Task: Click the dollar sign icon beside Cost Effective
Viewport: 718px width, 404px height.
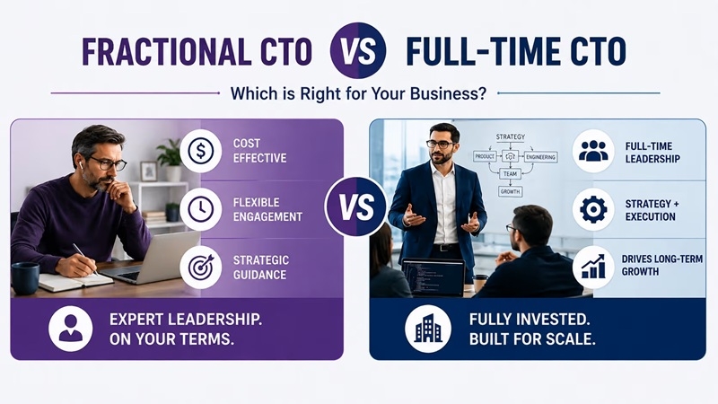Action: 200,151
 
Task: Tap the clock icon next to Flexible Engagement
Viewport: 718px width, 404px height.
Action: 200,209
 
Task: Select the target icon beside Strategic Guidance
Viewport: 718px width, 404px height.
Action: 200,268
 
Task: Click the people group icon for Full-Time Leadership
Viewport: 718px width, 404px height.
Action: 593,151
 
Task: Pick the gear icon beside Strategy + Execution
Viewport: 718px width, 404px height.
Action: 593,209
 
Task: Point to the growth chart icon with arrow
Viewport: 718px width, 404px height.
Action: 593,268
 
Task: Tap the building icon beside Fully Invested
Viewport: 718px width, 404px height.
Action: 428,329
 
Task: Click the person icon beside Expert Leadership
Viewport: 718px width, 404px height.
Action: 71,329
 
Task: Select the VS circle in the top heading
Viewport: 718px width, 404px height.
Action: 358,50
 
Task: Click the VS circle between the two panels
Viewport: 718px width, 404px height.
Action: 356,207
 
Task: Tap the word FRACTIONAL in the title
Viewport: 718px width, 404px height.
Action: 167,50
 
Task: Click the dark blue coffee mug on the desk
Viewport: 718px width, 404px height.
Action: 25,278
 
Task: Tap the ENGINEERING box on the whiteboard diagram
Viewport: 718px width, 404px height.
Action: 541,157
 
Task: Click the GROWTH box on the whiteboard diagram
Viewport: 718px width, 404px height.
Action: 510,191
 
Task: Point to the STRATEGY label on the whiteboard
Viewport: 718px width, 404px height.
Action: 511,137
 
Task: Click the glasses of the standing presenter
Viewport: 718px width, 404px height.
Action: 440,145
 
